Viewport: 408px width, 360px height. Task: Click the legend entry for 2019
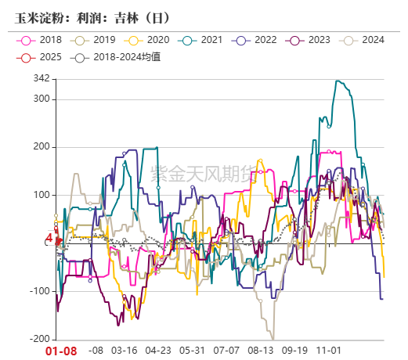point(97,40)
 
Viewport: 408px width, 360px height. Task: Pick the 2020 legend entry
point(152,40)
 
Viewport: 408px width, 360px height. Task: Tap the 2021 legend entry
point(205,40)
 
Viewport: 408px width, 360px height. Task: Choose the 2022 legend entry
point(260,40)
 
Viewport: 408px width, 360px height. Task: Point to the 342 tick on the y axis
point(42,79)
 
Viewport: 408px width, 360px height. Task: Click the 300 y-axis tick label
point(42,99)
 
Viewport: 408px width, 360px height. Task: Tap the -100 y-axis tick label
point(39,292)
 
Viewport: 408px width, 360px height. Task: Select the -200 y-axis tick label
point(39,340)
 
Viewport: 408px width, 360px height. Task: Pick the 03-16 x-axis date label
point(125,351)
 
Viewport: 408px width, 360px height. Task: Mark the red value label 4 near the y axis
point(48,238)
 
